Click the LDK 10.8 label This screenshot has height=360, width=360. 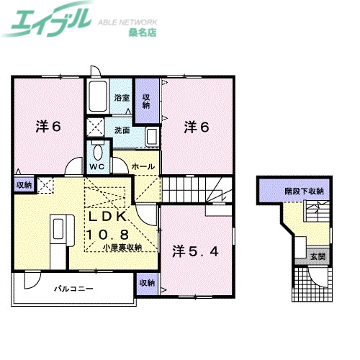click(x=109, y=225)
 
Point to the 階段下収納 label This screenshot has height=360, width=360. click(x=303, y=192)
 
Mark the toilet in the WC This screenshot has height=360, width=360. click(x=96, y=151)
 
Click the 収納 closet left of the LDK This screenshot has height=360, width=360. click(x=24, y=185)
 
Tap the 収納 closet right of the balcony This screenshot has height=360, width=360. click(x=146, y=283)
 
